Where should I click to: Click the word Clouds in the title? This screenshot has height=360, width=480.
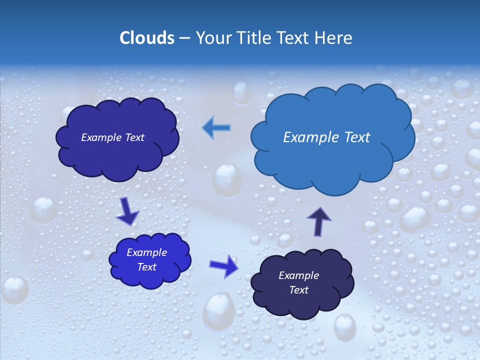146,38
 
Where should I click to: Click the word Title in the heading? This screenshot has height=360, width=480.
254,38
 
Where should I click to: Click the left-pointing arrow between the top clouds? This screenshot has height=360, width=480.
216,128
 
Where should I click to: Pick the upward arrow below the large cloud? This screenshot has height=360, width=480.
319,221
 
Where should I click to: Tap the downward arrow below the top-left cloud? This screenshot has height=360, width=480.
127,210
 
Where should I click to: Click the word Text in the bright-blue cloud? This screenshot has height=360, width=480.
147,267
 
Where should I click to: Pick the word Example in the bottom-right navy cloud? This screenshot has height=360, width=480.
298,275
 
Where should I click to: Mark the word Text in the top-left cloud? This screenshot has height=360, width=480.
134,137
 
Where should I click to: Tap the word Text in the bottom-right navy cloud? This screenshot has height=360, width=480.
298,290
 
